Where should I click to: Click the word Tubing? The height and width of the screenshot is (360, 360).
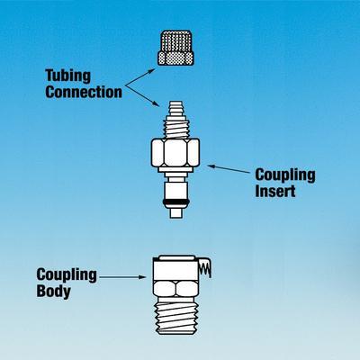tap(67, 76)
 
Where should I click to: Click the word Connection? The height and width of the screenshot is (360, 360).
tap(84, 92)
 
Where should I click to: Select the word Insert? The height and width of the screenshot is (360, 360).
tap(275, 191)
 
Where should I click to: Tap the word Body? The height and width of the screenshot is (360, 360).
tap(54, 291)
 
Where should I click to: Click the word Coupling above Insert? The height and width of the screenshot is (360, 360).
tap(285, 175)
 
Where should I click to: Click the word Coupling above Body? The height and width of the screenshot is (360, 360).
tap(67, 274)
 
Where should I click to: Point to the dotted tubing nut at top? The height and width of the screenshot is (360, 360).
tap(175, 48)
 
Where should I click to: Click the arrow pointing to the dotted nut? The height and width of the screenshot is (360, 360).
tap(140, 77)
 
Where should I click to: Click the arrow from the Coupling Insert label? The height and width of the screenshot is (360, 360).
tap(229, 169)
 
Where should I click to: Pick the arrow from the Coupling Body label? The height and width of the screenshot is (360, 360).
tap(122, 277)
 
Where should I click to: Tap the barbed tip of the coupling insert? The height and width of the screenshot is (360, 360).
tap(176, 110)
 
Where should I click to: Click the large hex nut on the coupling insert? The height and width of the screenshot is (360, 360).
tap(175, 152)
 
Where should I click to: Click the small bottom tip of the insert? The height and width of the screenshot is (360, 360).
tap(175, 212)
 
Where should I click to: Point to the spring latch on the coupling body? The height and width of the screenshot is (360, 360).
tap(204, 267)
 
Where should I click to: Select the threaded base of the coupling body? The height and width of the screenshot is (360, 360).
tap(176, 318)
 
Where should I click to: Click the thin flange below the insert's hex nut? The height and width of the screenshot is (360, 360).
tap(175, 169)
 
